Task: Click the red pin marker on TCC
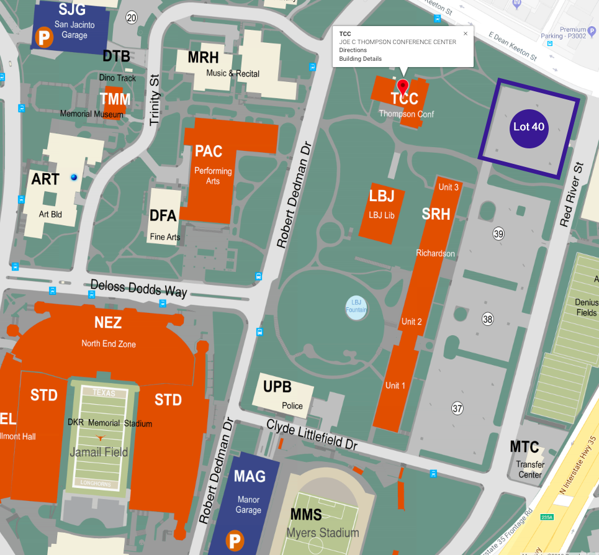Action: point(403,86)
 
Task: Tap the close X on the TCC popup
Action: point(466,34)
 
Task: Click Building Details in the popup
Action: point(360,59)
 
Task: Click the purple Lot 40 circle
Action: point(529,127)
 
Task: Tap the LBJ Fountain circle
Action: point(356,307)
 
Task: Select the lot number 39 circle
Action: point(498,233)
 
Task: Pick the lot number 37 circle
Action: point(457,408)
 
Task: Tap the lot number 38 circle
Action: point(488,319)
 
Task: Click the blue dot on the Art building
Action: point(74,178)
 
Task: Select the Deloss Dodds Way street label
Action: point(138,288)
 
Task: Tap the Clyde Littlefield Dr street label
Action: point(312,435)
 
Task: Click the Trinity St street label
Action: point(155,99)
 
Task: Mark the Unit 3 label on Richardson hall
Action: point(448,187)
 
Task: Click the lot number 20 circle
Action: point(131,17)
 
